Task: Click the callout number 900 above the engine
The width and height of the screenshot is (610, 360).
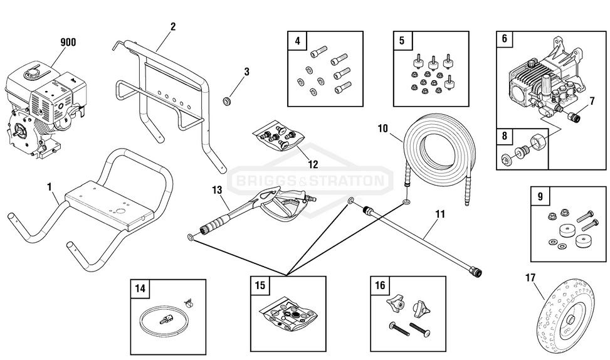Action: click(68, 43)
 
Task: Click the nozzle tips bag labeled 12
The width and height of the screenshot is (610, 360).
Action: click(276, 137)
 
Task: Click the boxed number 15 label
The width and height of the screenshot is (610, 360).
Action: click(260, 285)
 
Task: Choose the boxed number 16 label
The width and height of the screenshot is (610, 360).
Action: click(380, 285)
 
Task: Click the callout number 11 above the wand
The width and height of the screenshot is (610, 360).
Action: click(440, 214)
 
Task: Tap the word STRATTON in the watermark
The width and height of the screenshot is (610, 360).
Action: click(352, 181)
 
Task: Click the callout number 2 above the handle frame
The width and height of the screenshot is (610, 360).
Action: click(172, 26)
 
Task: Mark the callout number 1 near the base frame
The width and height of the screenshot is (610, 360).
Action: click(50, 187)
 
